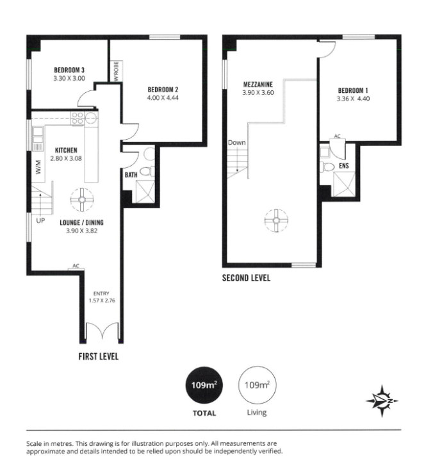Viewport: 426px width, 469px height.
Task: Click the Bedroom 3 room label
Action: click(x=69, y=70)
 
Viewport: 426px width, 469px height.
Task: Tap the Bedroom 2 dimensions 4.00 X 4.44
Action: click(x=163, y=98)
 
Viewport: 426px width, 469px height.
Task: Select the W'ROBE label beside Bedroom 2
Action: click(x=117, y=71)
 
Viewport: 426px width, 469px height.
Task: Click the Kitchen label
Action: click(x=66, y=150)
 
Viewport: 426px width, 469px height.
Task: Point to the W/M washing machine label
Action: click(x=38, y=167)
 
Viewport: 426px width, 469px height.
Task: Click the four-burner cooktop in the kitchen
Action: click(x=77, y=118)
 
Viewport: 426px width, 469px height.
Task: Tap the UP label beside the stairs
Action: click(x=40, y=221)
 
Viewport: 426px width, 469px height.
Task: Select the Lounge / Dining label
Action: click(x=81, y=222)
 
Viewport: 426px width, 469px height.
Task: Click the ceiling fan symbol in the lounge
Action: click(x=82, y=199)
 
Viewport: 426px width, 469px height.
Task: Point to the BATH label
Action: click(x=131, y=175)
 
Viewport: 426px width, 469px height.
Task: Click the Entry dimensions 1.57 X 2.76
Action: click(x=102, y=300)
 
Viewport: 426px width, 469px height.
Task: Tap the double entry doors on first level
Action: click(x=102, y=331)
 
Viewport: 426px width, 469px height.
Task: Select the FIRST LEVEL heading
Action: click(x=99, y=356)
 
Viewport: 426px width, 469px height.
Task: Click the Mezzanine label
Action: click(x=258, y=85)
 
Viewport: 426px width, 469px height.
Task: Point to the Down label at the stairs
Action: click(x=236, y=143)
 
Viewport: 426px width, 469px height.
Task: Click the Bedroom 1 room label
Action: click(x=353, y=90)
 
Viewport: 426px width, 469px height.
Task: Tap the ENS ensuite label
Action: click(x=344, y=166)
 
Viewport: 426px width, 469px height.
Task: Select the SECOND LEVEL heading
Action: click(x=246, y=278)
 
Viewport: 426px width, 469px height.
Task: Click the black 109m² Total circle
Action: click(x=204, y=385)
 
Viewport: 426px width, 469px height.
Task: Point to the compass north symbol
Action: click(x=382, y=401)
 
